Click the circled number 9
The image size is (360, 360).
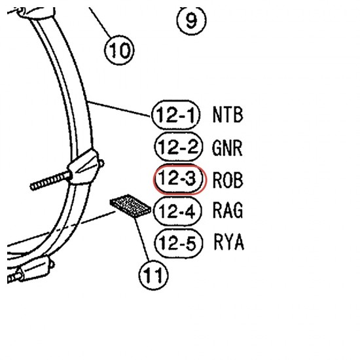click(191, 20)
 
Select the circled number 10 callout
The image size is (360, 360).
click(119, 50)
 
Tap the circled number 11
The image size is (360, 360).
click(153, 275)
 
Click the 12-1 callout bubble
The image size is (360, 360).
click(175, 115)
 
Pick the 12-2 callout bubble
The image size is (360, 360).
click(179, 147)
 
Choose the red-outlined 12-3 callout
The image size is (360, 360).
click(180, 179)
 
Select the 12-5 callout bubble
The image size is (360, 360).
click(179, 243)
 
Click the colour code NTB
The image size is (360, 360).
click(228, 115)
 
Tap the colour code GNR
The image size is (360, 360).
click(227, 148)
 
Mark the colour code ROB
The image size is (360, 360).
click(228, 180)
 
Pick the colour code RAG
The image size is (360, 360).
click(228, 210)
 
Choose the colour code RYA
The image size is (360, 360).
click(228, 242)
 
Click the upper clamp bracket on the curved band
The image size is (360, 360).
click(84, 167)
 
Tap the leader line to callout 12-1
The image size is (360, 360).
click(119, 109)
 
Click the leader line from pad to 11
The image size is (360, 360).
click(143, 239)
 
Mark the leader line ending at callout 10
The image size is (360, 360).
click(100, 22)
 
